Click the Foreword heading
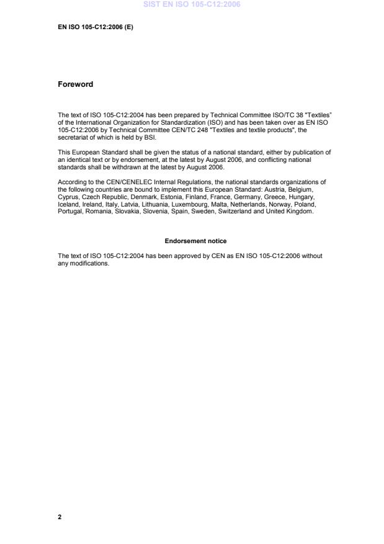coord(75,84)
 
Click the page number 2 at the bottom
coord(60,516)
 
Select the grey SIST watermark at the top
coord(192,4)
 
